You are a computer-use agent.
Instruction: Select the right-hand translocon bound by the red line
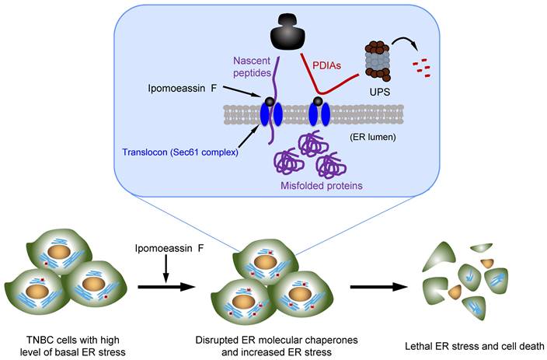(x=318, y=113)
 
